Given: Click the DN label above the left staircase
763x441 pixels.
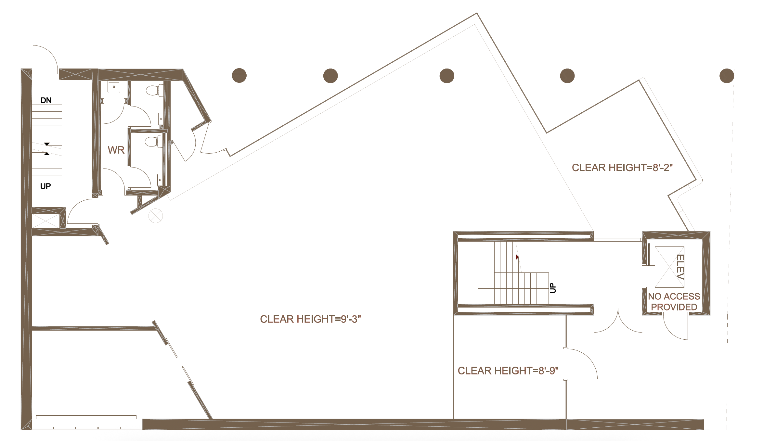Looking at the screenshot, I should (x=46, y=100).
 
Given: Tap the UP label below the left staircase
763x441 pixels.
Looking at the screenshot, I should (x=45, y=186).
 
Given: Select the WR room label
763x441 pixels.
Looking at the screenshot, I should (x=116, y=150).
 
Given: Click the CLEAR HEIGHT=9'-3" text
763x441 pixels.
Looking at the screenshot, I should (x=310, y=319).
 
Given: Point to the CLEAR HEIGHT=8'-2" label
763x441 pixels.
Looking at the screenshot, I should (x=622, y=168).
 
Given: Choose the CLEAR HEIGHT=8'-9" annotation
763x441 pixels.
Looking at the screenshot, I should (x=508, y=371).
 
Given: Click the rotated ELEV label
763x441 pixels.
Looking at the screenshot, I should (x=680, y=267).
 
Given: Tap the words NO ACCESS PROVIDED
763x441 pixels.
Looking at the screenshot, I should (x=674, y=302).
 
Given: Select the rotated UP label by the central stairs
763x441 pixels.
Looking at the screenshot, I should (x=553, y=288).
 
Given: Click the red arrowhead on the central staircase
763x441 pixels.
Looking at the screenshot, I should (x=517, y=257).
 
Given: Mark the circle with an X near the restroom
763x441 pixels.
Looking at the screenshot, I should (x=156, y=216).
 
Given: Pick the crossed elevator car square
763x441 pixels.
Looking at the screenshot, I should (x=669, y=267).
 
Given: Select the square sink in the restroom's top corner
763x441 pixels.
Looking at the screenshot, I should (x=114, y=87).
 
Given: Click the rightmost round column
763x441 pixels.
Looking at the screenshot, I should (x=727, y=76).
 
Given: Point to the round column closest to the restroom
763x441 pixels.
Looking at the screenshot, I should (x=239, y=76).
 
